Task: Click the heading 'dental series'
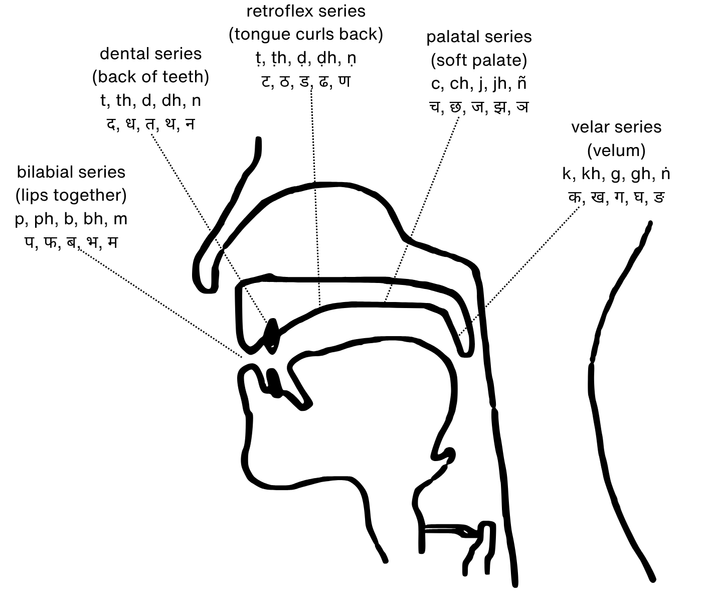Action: [150, 54]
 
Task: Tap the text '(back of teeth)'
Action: [150, 77]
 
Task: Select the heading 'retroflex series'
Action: [306, 11]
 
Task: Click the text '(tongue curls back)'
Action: [306, 34]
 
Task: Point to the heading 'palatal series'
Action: [479, 37]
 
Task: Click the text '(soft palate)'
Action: [479, 60]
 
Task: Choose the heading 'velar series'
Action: [616, 127]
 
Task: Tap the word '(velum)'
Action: [616, 150]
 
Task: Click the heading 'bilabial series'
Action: [71, 172]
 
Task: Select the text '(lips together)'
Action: [71, 195]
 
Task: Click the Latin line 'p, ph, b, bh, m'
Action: [71, 219]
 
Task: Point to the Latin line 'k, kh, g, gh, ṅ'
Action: [616, 174]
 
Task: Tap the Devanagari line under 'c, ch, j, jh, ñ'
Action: [479, 107]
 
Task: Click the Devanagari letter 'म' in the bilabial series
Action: [112, 242]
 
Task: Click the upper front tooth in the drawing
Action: [271, 333]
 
